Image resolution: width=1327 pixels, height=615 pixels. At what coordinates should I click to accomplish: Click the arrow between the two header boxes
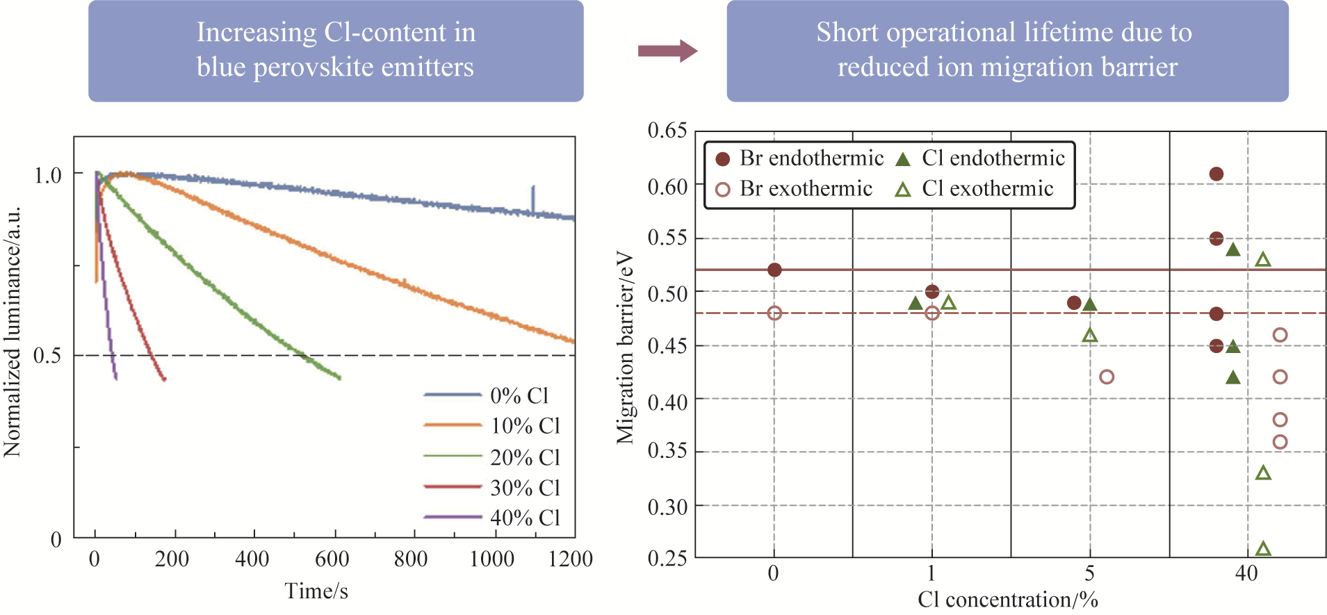click(667, 51)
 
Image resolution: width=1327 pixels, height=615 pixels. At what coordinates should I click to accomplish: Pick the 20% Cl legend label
click(525, 457)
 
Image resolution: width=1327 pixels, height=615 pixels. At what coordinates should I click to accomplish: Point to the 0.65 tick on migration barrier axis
click(667, 131)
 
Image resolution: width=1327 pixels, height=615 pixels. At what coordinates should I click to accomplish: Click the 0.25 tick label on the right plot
click(667, 558)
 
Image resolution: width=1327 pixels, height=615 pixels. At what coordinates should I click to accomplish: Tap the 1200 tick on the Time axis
click(570, 559)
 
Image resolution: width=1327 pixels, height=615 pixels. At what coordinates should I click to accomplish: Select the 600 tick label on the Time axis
click(332, 559)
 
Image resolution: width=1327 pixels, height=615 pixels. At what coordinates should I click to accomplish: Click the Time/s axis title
click(316, 591)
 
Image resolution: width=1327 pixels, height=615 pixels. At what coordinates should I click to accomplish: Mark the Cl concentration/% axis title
click(1007, 600)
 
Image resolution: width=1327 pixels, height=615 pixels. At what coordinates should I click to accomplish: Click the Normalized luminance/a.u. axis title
click(13, 332)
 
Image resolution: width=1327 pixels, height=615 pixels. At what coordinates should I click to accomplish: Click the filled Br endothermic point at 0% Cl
click(774, 270)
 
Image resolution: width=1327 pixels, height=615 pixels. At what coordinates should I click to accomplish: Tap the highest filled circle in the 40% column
click(1216, 174)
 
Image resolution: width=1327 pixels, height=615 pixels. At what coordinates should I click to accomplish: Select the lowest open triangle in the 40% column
click(1263, 549)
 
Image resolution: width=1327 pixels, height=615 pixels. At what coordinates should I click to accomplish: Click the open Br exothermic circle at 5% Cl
click(1107, 377)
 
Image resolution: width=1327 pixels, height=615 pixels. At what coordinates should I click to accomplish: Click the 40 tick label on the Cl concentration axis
click(1246, 574)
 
